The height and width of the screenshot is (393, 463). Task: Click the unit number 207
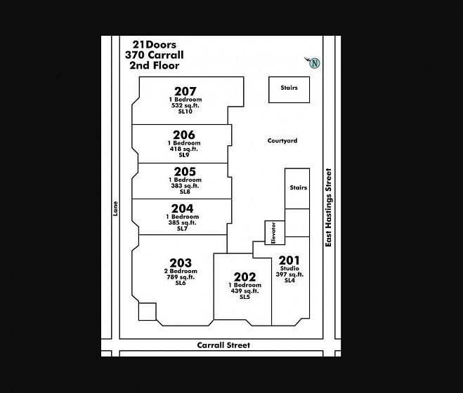pyautogui.click(x=185, y=91)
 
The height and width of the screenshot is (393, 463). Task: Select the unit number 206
pyautogui.click(x=184, y=135)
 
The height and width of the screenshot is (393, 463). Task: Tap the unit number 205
pyautogui.click(x=185, y=172)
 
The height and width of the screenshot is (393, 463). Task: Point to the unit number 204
pyautogui.click(x=182, y=208)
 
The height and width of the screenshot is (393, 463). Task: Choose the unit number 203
pyautogui.click(x=181, y=263)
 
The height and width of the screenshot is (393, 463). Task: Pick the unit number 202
pyautogui.click(x=244, y=277)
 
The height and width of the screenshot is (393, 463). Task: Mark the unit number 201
pyautogui.click(x=289, y=260)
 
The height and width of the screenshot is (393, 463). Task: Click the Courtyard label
pyautogui.click(x=282, y=141)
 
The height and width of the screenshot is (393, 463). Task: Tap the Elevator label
pyautogui.click(x=273, y=233)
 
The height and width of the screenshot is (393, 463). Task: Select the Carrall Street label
pyautogui.click(x=223, y=345)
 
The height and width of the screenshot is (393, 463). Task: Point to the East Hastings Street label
pyautogui.click(x=328, y=208)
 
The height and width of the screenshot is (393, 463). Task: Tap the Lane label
pyautogui.click(x=115, y=208)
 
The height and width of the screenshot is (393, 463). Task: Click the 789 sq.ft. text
pyautogui.click(x=181, y=277)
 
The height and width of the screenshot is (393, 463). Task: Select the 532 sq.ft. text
pyautogui.click(x=185, y=105)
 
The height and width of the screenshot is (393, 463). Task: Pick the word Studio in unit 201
pyautogui.click(x=289, y=269)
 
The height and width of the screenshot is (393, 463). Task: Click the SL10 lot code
pyautogui.click(x=185, y=112)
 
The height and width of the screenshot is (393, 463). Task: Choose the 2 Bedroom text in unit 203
pyautogui.click(x=181, y=271)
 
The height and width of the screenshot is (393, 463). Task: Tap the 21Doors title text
pyautogui.click(x=154, y=44)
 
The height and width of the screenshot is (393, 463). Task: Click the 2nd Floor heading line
pyautogui.click(x=154, y=65)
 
